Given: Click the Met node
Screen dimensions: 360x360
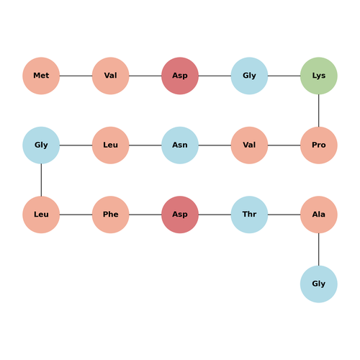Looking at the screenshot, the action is click(x=41, y=76).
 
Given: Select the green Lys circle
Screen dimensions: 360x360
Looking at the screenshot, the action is click(x=319, y=76).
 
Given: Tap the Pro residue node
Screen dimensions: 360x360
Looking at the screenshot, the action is click(x=319, y=145).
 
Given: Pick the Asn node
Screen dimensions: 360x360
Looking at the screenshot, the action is click(x=180, y=145).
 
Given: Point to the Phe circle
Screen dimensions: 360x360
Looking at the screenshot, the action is click(x=111, y=215).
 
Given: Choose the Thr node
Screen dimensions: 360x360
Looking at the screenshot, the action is click(x=249, y=215).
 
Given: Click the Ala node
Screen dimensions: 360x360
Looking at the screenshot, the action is click(x=319, y=215).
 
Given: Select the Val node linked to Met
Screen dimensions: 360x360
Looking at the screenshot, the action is click(x=111, y=76).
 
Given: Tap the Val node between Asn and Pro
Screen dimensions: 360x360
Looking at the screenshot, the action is click(x=249, y=145).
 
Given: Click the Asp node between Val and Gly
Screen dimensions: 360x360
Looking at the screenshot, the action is click(x=180, y=76).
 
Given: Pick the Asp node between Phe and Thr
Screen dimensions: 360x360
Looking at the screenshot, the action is click(x=180, y=215).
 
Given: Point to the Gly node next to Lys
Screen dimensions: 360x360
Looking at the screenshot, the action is click(x=249, y=76).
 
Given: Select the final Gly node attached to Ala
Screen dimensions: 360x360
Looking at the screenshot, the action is click(x=319, y=284).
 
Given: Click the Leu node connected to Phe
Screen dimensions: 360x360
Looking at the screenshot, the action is click(x=41, y=215).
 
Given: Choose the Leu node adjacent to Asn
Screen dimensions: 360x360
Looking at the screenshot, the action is click(x=111, y=145).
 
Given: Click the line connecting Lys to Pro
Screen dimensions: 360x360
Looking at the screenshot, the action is click(x=319, y=110).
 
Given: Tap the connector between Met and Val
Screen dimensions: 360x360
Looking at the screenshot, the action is click(x=76, y=76).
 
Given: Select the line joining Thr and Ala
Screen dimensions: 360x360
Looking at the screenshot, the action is click(x=284, y=215).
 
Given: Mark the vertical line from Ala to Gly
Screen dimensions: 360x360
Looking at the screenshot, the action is click(x=319, y=249).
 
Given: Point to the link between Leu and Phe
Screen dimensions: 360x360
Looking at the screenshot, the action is click(x=76, y=215).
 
